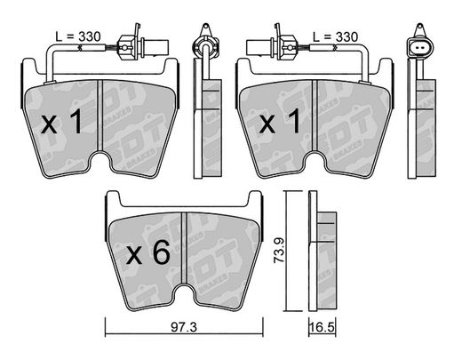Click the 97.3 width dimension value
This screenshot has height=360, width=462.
(184, 327)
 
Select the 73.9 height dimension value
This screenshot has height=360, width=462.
(279, 250)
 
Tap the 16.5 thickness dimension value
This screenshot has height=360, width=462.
(322, 328)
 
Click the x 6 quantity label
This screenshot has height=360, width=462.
(147, 252)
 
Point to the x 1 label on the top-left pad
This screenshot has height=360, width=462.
(61, 121)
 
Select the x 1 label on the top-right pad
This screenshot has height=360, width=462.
(280, 121)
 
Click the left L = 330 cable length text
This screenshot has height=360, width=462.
(78, 36)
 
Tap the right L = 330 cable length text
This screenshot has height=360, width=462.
(336, 37)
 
